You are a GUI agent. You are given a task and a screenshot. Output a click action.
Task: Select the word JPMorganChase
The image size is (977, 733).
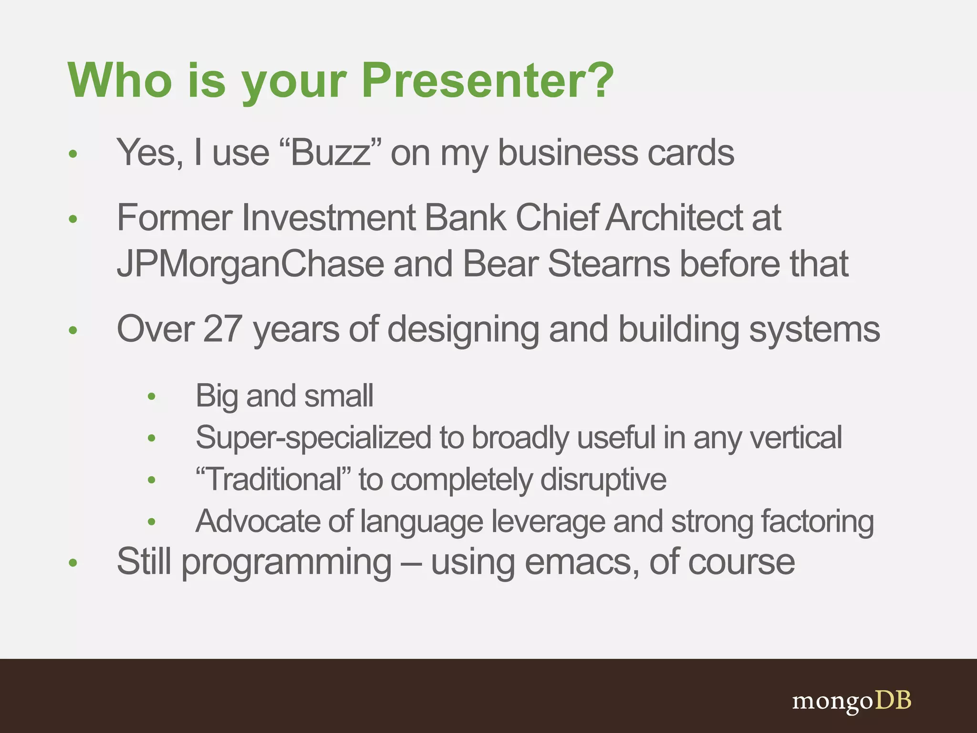(x=250, y=263)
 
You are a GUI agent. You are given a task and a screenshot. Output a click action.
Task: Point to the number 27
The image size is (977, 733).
(x=222, y=329)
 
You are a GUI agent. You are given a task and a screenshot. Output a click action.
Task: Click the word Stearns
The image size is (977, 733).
(x=609, y=263)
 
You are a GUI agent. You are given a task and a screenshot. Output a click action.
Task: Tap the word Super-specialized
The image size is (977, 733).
(x=313, y=437)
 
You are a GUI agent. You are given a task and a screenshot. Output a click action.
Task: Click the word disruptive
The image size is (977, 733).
(x=603, y=479)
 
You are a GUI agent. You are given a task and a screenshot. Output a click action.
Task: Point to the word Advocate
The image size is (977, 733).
(x=258, y=521)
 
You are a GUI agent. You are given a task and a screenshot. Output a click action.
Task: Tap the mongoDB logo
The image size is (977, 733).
(x=852, y=701)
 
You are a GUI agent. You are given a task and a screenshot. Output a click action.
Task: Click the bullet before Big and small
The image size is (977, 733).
(x=152, y=396)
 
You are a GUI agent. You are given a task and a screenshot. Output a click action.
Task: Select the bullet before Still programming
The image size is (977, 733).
(x=73, y=563)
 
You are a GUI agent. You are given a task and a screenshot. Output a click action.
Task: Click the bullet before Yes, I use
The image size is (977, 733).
(x=73, y=154)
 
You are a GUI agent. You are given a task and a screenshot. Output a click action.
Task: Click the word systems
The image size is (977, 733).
(x=814, y=329)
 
